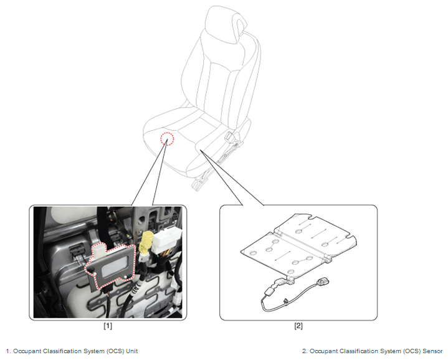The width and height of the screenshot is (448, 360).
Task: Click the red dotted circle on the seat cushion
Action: tap(167, 139)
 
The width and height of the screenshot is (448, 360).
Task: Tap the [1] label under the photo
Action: tap(108, 326)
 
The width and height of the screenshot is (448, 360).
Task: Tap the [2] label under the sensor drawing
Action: tap(298, 326)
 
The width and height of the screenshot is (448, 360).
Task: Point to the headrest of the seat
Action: tap(226, 24)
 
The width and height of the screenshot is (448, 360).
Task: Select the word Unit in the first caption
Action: tap(132, 351)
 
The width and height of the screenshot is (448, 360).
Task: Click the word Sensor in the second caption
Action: tap(432, 351)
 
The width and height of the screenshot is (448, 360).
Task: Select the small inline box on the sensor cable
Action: tap(269, 291)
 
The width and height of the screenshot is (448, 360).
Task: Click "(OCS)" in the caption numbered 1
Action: tap(116, 351)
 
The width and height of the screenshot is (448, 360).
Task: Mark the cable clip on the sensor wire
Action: tap(285, 301)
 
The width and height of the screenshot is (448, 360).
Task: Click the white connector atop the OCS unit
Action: tap(98, 249)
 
